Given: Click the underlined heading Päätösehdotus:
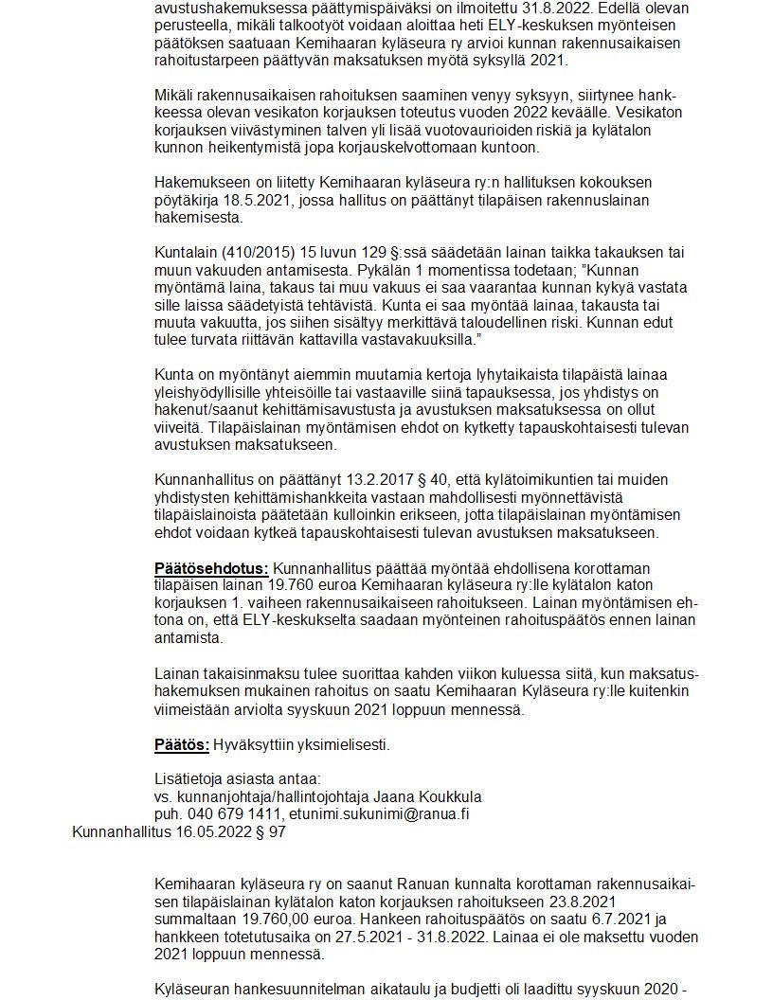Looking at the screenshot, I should point(211,568).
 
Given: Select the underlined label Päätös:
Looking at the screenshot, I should point(182,744).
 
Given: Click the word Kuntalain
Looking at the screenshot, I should point(185,252).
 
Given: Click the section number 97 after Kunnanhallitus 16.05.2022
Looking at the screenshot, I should point(277,832).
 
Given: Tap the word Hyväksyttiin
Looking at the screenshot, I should point(255,744).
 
